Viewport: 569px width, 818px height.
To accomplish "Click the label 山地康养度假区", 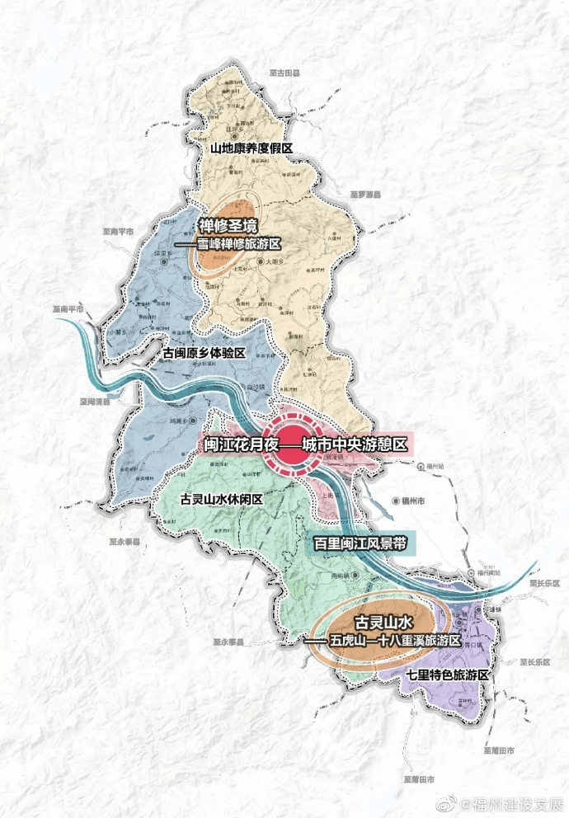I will pos(252,149).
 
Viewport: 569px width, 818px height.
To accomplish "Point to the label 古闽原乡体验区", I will pos(205,353).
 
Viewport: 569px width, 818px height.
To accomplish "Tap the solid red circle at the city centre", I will pos(294,446).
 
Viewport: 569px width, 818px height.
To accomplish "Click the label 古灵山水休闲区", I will pos(221,500).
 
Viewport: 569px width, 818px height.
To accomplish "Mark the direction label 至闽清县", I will pos(96,402).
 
